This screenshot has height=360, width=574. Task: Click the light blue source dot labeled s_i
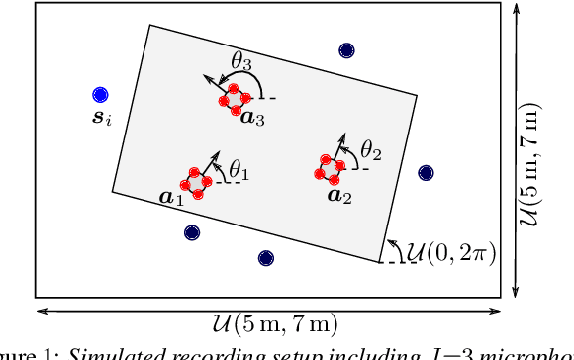[x=99, y=95]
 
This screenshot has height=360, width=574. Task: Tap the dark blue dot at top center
[x=345, y=51]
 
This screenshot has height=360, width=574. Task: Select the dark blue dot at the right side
[x=426, y=172]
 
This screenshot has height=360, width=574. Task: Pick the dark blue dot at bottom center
[x=265, y=258]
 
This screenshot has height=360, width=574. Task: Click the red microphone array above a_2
[x=329, y=166]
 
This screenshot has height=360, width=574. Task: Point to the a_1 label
[x=172, y=199]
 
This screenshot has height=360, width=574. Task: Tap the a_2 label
[x=337, y=195]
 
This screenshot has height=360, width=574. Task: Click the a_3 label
[x=253, y=119]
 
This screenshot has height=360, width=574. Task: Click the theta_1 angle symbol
[x=239, y=172]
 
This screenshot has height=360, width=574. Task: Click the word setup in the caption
[x=239, y=353]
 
